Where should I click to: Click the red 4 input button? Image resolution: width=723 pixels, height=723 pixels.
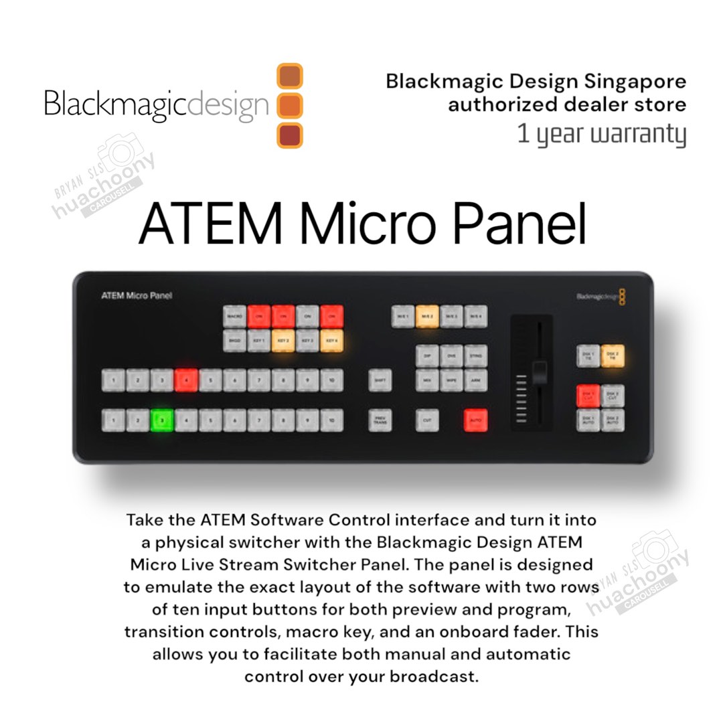(x=186, y=380)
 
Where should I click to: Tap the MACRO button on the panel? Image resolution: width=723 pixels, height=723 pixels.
(x=234, y=316)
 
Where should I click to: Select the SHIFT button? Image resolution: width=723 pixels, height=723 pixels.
(x=380, y=380)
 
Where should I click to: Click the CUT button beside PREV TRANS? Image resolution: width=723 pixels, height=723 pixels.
(x=427, y=420)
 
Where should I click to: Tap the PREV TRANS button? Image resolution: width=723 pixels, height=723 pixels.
(x=380, y=420)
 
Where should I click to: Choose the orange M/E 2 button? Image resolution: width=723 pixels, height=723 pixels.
(x=427, y=316)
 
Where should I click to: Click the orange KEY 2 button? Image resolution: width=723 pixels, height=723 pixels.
(x=283, y=341)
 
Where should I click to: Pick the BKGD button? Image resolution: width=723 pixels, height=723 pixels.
(x=234, y=341)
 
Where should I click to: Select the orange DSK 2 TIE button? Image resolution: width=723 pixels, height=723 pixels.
(x=612, y=356)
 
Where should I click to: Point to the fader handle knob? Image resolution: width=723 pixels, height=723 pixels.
(x=539, y=372)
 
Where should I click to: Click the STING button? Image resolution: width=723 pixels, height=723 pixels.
(x=475, y=355)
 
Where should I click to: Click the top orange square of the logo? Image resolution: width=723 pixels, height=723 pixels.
(x=290, y=76)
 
